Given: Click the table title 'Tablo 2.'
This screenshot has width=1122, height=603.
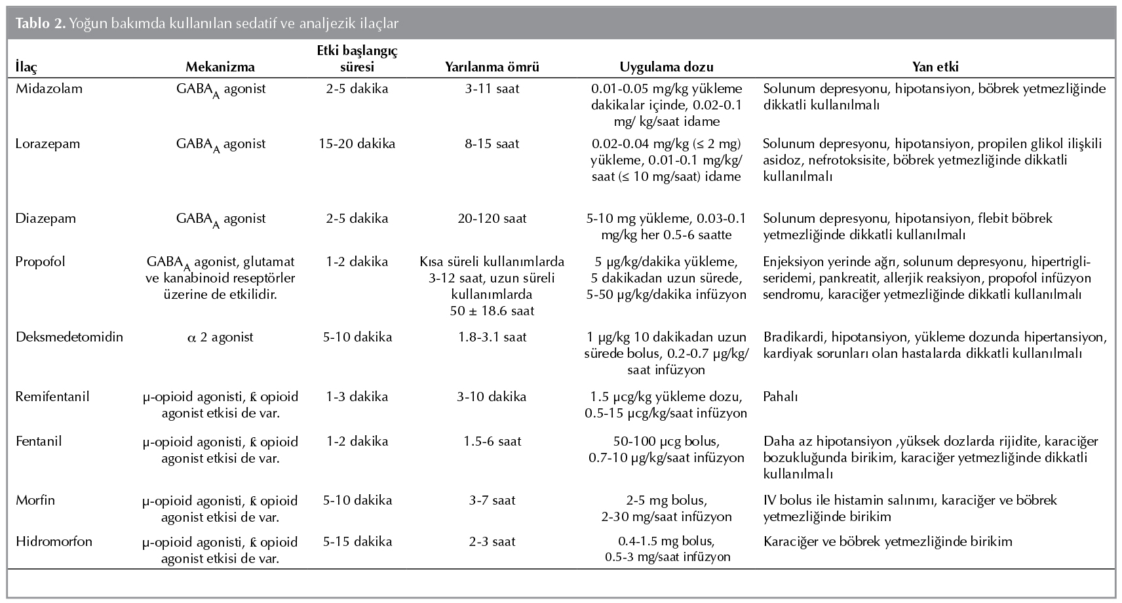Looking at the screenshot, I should [39, 24].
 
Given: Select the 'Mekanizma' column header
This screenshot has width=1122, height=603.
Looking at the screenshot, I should [220, 67].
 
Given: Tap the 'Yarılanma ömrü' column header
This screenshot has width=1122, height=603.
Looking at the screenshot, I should [492, 67].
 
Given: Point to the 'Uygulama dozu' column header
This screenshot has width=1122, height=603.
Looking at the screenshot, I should [666, 67].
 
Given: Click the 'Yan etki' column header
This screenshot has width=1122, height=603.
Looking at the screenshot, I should [935, 67].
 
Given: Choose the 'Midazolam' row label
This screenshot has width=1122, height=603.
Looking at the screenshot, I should [49, 88].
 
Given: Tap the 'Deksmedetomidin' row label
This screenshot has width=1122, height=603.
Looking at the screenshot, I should [69, 338].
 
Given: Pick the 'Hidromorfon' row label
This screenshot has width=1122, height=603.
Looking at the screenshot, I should [54, 541].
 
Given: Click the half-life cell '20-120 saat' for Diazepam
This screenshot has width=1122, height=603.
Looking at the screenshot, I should [492, 218].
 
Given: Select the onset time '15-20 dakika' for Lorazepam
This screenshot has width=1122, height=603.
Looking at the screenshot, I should [357, 144].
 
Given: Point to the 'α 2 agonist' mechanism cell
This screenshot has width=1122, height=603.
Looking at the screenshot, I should [220, 338].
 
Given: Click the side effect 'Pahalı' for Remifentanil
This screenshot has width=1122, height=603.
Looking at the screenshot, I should [781, 397].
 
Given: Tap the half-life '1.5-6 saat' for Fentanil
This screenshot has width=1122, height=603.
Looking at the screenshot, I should [492, 441].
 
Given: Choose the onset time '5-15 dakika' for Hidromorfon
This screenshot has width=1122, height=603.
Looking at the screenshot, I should [357, 541].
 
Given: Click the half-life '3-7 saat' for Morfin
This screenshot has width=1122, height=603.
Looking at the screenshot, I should [492, 500].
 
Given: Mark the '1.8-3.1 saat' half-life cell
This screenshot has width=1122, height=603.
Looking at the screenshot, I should [492, 338].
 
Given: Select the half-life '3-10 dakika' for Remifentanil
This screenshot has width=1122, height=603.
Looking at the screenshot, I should [492, 397].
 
